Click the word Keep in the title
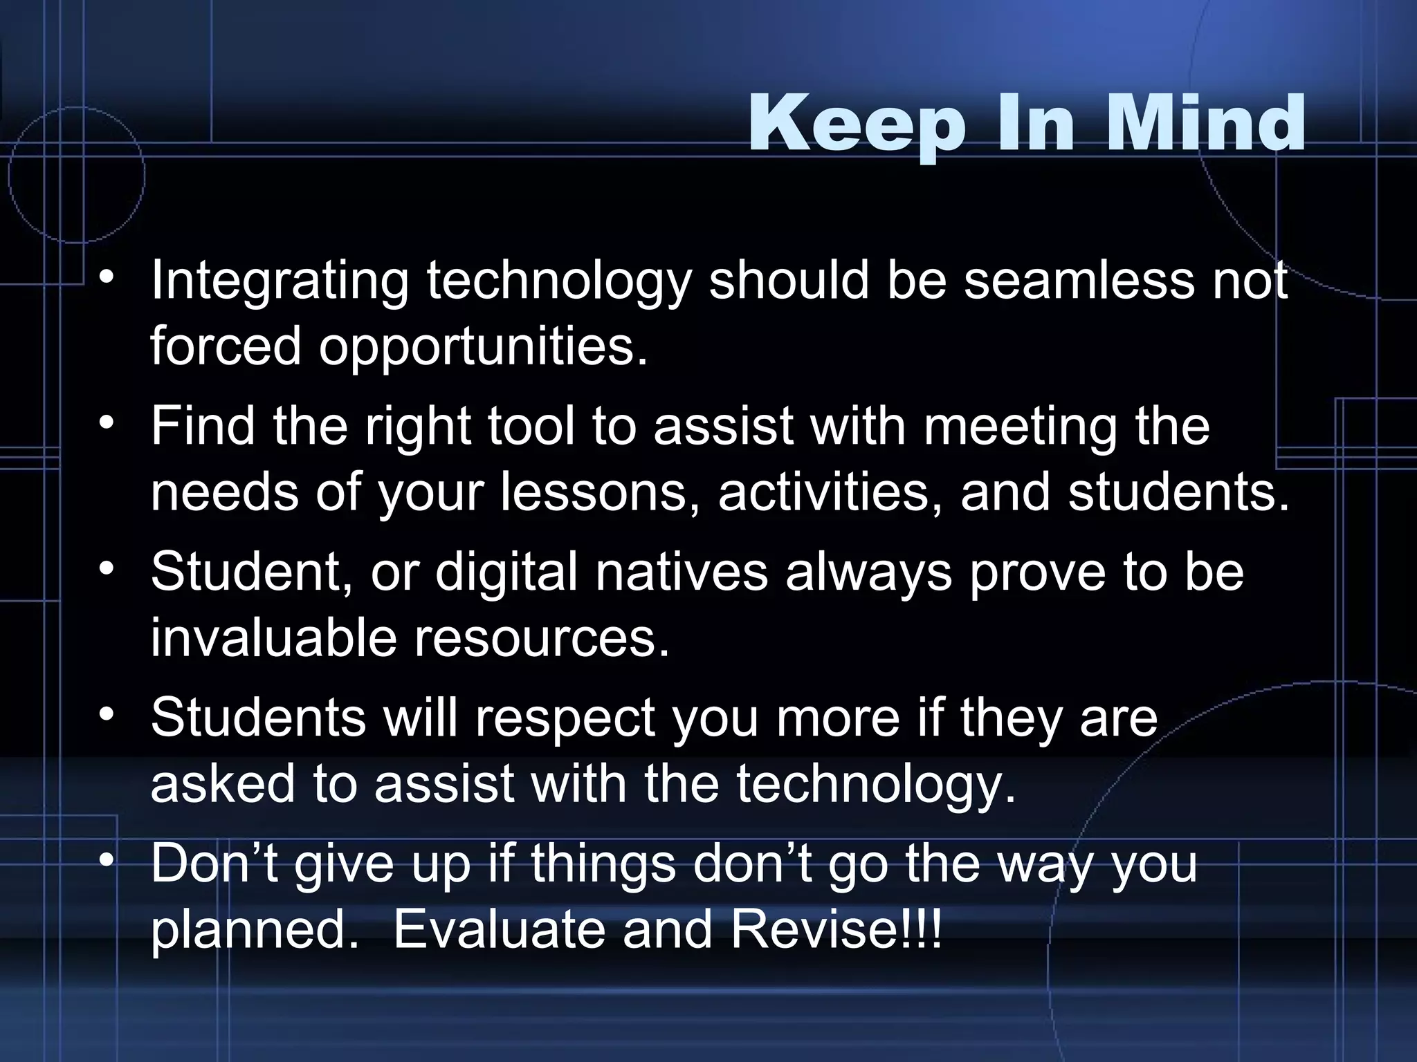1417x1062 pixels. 857,126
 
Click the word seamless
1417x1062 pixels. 1079,281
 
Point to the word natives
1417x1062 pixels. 681,572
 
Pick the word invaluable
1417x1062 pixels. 273,637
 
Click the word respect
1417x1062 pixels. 565,718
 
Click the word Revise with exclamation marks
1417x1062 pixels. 836,930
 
